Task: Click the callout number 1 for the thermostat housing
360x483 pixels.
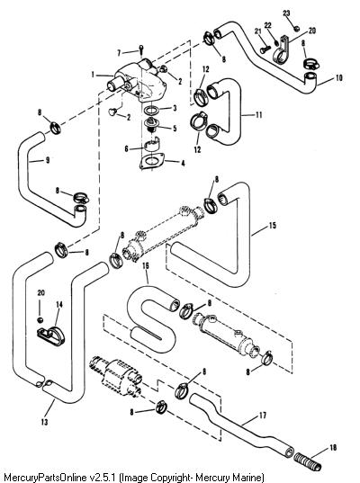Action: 93,75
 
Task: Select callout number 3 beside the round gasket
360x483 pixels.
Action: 175,108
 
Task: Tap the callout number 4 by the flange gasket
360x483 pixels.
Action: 183,164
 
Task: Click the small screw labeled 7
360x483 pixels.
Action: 141,49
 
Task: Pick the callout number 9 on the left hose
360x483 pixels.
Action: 48,160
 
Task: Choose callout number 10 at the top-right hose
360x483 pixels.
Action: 338,78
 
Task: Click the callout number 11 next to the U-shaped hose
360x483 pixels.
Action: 258,115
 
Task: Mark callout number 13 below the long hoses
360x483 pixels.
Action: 44,422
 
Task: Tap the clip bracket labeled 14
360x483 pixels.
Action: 51,336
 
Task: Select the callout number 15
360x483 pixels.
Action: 273,226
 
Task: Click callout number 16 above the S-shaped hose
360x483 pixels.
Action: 146,265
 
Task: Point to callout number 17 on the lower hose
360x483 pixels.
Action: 263,416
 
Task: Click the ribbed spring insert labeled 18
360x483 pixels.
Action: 308,461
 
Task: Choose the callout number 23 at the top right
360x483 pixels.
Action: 286,13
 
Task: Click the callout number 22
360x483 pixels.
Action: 268,25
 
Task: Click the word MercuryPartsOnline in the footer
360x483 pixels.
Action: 44,478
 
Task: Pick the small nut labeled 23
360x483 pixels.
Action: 296,29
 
